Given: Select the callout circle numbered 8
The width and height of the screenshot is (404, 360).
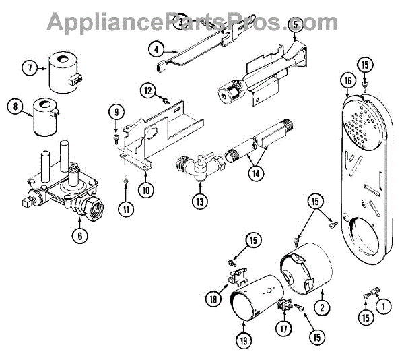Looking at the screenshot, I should tap(13, 107).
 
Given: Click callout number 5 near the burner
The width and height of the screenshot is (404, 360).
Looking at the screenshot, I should tap(294, 26).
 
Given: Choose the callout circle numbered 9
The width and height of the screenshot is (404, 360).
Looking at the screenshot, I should tap(116, 112).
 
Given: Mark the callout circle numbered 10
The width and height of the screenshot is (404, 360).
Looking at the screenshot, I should tap(146, 189).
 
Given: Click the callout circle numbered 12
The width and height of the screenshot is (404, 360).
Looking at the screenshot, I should tap(148, 90).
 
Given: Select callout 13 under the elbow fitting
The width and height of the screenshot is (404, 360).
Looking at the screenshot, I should tap(200, 202).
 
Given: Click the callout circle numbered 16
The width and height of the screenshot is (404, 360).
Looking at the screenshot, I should tap(347, 81).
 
